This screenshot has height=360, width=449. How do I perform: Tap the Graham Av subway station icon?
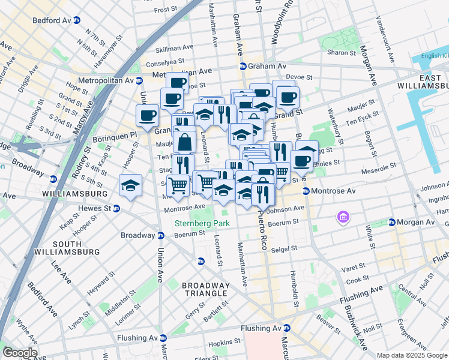(243, 66)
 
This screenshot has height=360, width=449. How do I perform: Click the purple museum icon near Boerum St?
(343, 215)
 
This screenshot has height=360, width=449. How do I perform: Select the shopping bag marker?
(185, 142)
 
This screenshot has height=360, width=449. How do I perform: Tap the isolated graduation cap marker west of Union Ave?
(130, 185)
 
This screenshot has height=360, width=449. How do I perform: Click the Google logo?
(19, 353)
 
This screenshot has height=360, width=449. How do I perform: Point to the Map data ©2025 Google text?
(411, 355)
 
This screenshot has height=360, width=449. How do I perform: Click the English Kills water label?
(435, 56)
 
